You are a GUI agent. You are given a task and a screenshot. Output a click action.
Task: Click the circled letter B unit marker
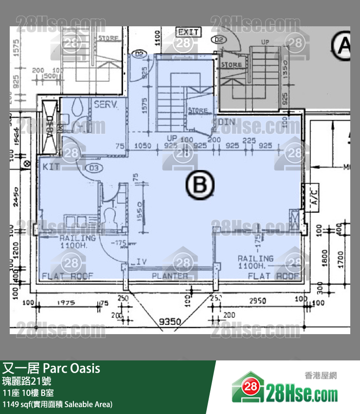(200, 185)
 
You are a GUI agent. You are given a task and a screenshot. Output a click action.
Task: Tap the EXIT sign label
(188, 32)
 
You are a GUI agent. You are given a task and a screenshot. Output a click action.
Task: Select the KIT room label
(51, 167)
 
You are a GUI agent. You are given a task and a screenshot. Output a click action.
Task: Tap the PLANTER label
(170, 276)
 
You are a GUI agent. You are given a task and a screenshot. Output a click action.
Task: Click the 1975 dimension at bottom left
(66, 302)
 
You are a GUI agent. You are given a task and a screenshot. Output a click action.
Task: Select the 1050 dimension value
(143, 146)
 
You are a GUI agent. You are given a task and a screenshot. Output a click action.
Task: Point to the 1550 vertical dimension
(139, 211)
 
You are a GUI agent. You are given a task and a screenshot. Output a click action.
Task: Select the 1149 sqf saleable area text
(58, 404)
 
